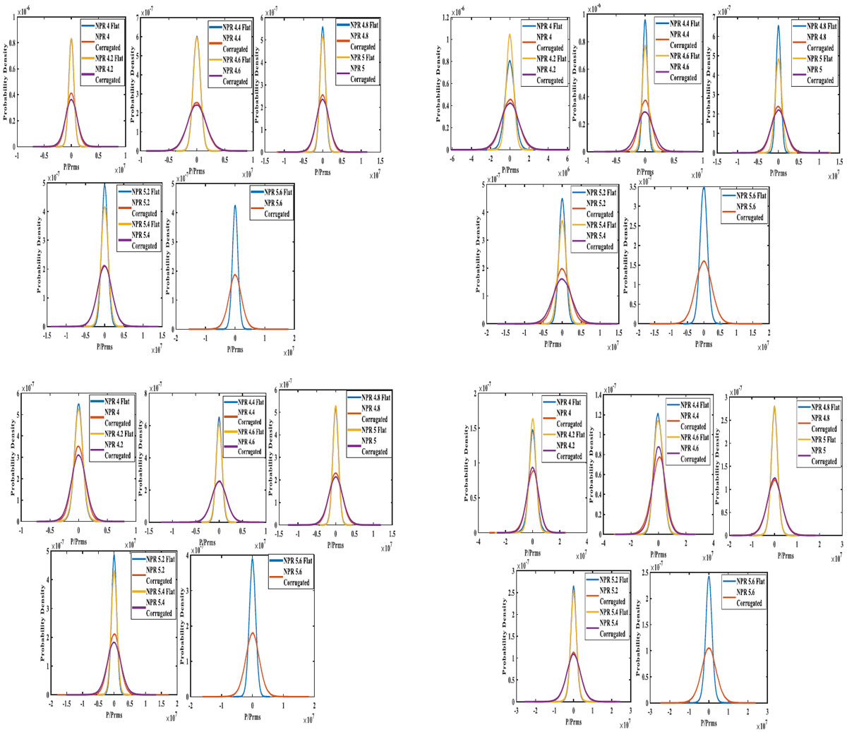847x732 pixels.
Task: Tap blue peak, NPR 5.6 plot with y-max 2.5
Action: (x=709, y=576)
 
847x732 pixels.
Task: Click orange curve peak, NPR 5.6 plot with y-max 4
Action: (x=252, y=632)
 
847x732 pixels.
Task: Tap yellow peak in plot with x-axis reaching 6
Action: (x=510, y=35)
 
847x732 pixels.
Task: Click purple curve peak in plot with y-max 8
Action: (x=220, y=481)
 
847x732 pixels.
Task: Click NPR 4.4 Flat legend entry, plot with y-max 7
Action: (x=236, y=27)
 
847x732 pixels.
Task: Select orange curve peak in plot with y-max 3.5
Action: (x=704, y=261)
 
